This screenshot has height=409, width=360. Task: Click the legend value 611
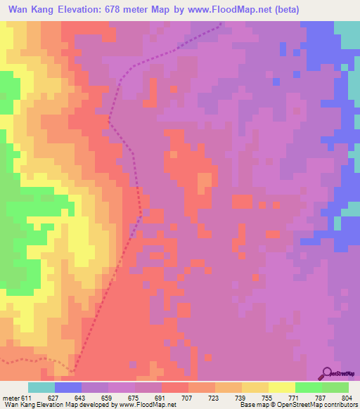pyautogui.click(x=27, y=397)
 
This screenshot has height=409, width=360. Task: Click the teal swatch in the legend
pyautogui.click(x=41, y=387)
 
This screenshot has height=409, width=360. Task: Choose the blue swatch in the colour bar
pyautogui.click(x=68, y=387)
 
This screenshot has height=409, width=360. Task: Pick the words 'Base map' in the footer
pyautogui.click(x=257, y=405)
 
